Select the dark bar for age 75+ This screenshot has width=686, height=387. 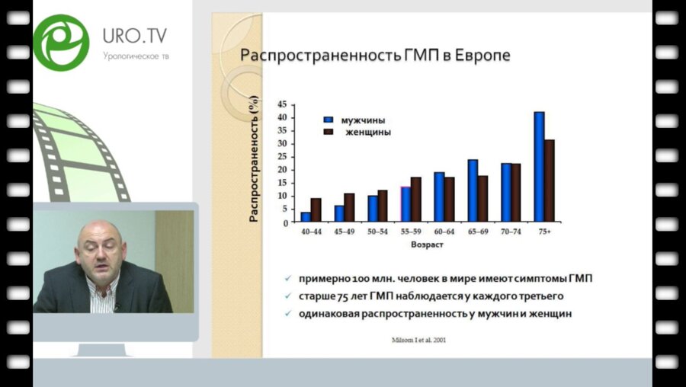pos(550,181)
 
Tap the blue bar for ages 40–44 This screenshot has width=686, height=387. pos(306,216)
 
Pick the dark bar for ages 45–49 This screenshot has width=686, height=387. pos(349,207)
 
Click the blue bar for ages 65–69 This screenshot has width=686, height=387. pos(473,190)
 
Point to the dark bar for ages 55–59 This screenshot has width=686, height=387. pos(415,200)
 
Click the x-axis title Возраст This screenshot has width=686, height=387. pos(427,245)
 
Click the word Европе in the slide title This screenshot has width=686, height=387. pos(480,56)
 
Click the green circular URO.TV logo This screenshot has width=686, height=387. pos(61,43)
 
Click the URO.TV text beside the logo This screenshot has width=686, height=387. pos(134,36)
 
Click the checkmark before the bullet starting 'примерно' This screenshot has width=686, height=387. pos(287,279)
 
